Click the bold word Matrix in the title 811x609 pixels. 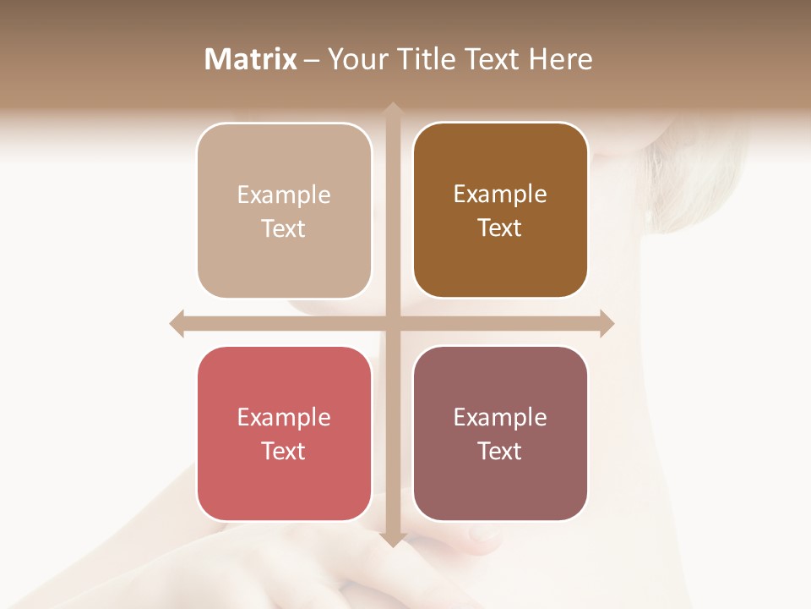(251, 59)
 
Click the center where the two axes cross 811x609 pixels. (392, 323)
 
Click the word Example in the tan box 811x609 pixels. (284, 195)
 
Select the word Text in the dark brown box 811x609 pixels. (500, 228)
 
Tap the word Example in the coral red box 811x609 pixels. (284, 418)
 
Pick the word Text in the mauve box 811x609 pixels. (500, 452)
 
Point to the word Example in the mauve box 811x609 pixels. (500, 418)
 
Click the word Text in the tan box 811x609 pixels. (284, 229)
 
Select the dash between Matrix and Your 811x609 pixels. (312, 60)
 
